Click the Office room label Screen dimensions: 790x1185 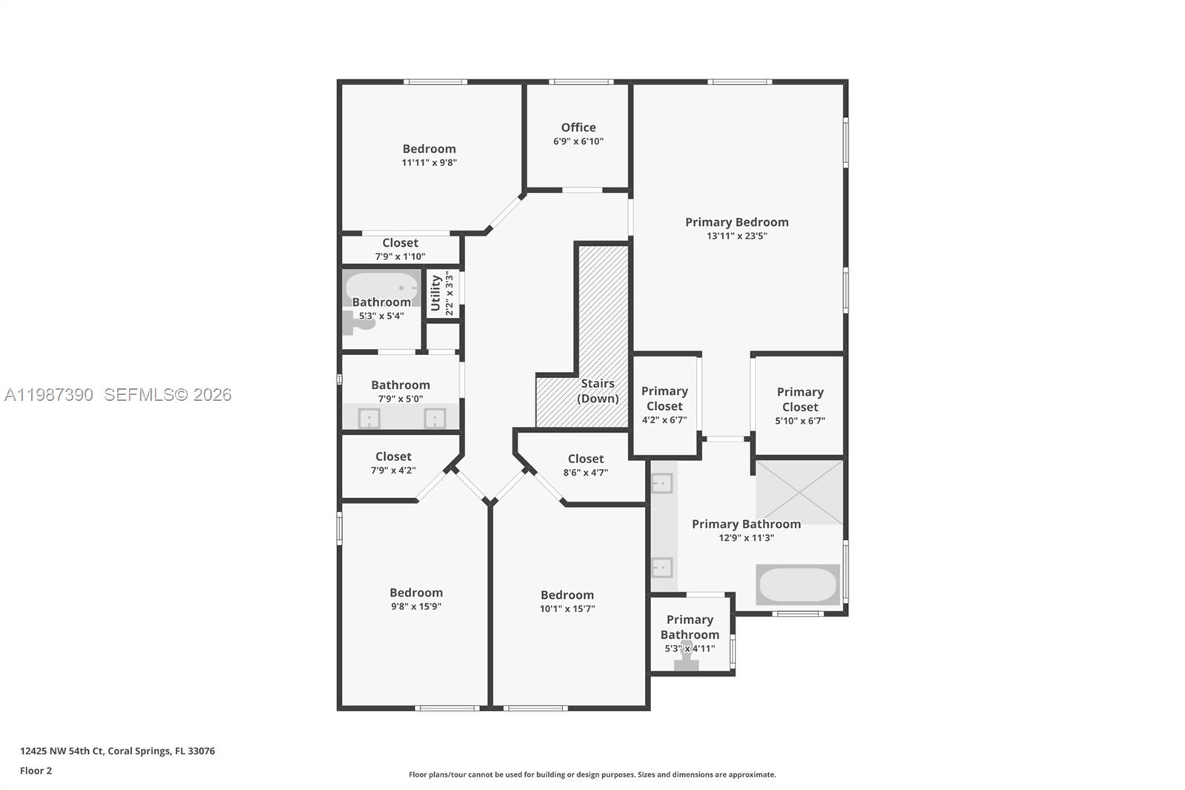[578, 127]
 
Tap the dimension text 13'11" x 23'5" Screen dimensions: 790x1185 [736, 236]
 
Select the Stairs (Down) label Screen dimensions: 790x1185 [598, 391]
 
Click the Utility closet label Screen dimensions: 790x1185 [435, 293]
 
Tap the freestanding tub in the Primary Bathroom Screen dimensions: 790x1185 [798, 585]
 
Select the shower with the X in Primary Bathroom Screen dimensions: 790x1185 [799, 492]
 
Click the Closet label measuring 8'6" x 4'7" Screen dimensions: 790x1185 [585, 459]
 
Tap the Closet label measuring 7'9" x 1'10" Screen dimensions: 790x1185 [400, 243]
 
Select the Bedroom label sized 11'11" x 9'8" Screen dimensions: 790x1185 [429, 149]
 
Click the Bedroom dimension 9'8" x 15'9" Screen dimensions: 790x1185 [416, 606]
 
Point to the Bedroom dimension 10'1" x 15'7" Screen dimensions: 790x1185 [567, 609]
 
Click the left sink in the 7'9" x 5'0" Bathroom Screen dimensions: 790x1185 [369, 419]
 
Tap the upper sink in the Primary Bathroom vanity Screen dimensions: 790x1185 [661, 484]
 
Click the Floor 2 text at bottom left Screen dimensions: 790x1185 [36, 771]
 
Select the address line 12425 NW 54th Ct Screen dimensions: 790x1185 [117, 751]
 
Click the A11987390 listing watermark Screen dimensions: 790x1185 [49, 395]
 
